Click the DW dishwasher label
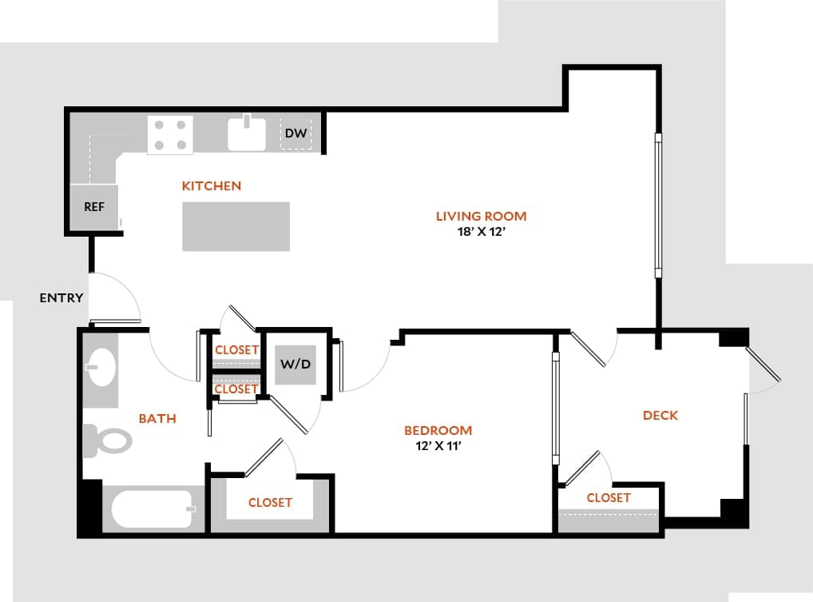pos(295,133)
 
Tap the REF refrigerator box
pos(94,206)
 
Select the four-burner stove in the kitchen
pos(171,134)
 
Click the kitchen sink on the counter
pos(247,134)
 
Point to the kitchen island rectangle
pos(236,226)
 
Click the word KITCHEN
pos(212,186)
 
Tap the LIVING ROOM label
pos(481,216)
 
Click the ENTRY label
pos(61,298)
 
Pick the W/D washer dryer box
pos(295,365)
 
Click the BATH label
pos(157,418)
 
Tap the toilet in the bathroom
pos(109,440)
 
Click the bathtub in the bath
pos(153,509)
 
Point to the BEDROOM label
pos(438,430)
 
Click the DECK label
pos(660,415)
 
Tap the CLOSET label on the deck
pos(609,497)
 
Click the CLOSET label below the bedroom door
pos(270,502)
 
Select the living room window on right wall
pos(658,205)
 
